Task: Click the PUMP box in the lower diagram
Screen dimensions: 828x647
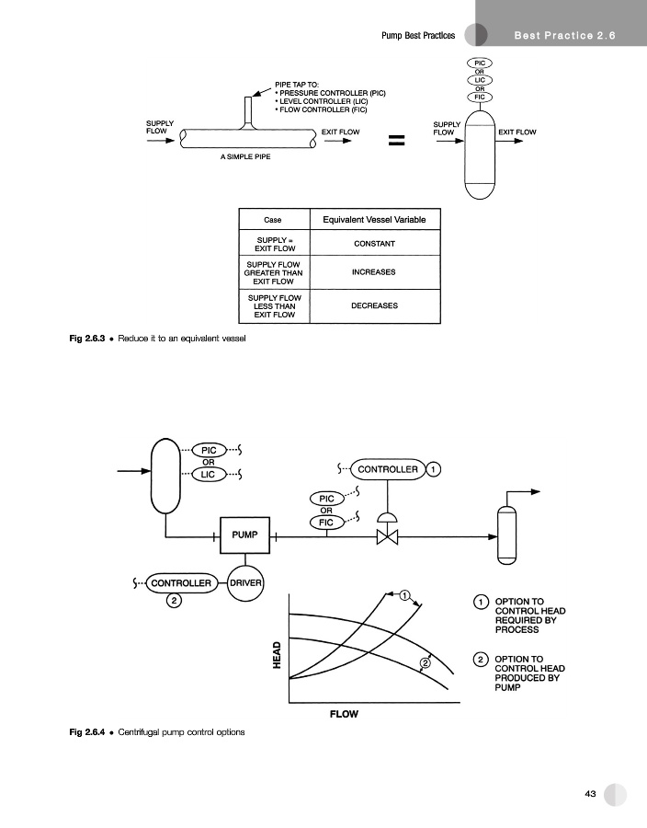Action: click(x=244, y=535)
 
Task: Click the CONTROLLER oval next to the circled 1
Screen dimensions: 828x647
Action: click(x=387, y=469)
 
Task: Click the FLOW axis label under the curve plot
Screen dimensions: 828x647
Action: click(x=344, y=714)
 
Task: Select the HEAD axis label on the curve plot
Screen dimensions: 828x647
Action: click(x=277, y=656)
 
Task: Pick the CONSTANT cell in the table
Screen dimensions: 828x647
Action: click(x=374, y=244)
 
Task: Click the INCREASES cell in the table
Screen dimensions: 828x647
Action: click(x=374, y=273)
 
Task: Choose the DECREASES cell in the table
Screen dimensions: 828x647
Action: click(x=374, y=305)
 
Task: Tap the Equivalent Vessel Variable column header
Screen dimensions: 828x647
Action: click(x=374, y=220)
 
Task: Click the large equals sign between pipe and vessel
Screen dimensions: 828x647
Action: click(x=396, y=141)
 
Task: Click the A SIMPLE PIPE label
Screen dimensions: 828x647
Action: click(x=244, y=157)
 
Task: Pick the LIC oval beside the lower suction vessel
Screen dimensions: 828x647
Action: click(x=209, y=475)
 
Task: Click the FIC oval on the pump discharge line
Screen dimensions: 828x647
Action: click(x=326, y=523)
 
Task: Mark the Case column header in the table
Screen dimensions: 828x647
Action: click(x=273, y=220)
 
